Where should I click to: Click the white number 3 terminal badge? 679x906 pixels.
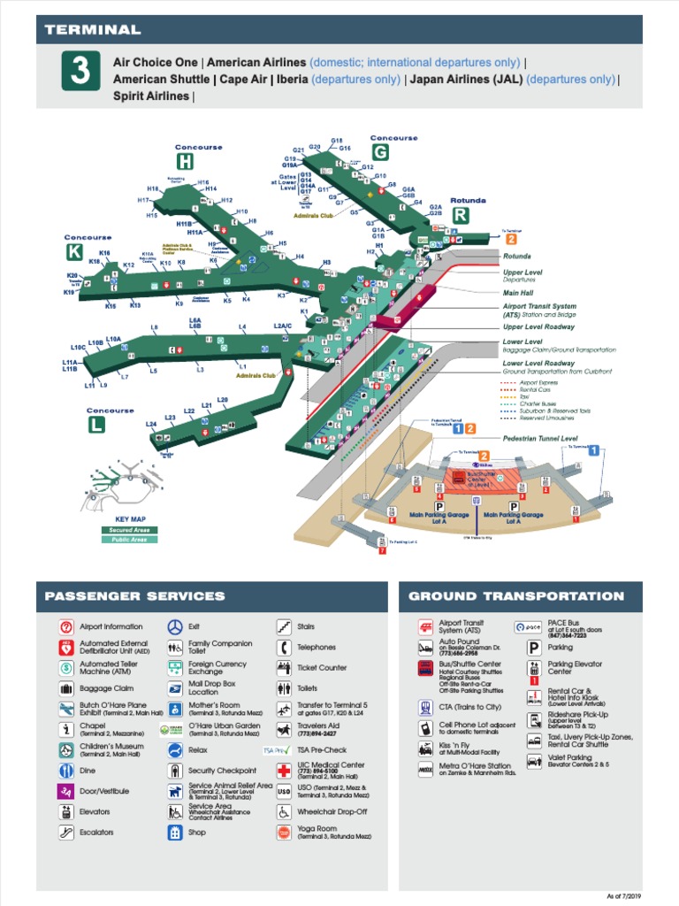80,71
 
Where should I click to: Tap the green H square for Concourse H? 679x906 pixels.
185,161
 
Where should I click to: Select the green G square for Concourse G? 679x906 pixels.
380,151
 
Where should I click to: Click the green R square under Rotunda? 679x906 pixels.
460,215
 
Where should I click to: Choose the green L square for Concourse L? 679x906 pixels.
96,424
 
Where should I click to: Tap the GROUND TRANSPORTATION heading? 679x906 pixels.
516,596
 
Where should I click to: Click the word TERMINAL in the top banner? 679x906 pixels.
93,30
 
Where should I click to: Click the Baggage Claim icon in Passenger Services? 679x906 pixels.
65,688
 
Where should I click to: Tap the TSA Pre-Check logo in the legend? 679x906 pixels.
278,750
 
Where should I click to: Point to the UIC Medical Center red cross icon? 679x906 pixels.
284,769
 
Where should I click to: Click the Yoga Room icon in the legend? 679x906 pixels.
284,833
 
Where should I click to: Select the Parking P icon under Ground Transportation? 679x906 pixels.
534,648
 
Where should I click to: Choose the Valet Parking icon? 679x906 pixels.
534,761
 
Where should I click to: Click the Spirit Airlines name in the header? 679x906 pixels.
150,96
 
